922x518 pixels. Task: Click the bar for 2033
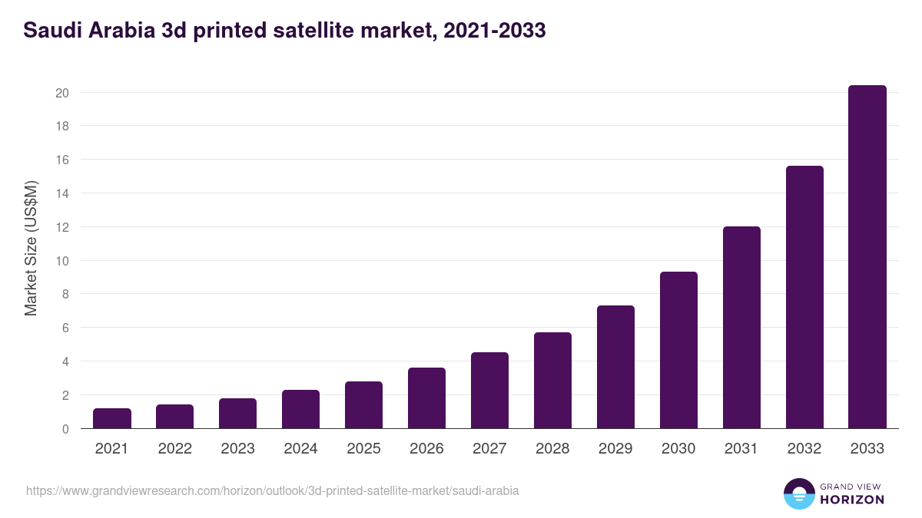click(x=867, y=257)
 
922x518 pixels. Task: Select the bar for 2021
click(x=112, y=419)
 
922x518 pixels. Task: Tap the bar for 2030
click(x=678, y=351)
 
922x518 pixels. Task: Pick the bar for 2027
click(x=489, y=391)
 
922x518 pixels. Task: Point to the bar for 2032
click(x=804, y=298)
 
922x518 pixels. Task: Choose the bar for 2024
click(x=300, y=410)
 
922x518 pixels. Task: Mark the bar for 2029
click(x=615, y=368)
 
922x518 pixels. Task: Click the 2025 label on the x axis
click(x=363, y=449)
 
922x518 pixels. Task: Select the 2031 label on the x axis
click(x=741, y=449)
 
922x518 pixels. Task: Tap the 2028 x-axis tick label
click(x=552, y=449)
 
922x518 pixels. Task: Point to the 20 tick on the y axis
click(x=62, y=93)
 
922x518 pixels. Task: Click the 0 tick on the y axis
click(x=66, y=429)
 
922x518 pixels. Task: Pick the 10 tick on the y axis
click(x=62, y=261)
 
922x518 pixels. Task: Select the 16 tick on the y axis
click(x=62, y=160)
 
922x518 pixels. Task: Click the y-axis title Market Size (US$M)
click(x=31, y=248)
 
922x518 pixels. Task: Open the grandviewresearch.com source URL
click(x=273, y=490)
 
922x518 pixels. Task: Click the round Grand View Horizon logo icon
click(x=798, y=493)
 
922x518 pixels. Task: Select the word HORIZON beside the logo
click(x=852, y=500)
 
